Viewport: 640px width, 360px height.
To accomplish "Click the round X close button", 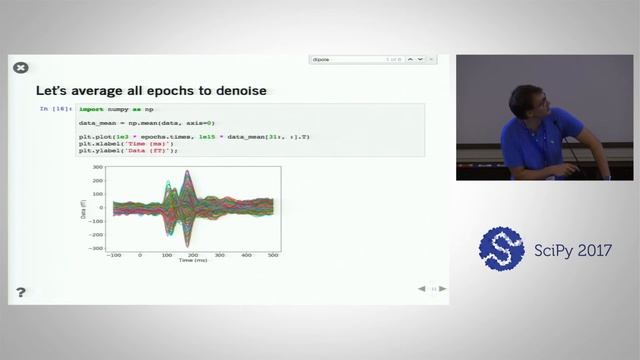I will pos(20,68).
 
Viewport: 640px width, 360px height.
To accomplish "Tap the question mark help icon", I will pos(20,292).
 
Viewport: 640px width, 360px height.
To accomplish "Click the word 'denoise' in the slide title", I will pos(238,91).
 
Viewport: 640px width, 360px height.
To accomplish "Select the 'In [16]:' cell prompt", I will pos(55,108).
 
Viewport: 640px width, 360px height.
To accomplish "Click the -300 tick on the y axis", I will pos(95,246).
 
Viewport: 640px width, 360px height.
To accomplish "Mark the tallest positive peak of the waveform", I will pos(187,172).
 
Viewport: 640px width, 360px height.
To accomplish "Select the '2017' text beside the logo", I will pos(591,250).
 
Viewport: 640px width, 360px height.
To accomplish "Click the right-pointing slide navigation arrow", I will pos(443,289).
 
